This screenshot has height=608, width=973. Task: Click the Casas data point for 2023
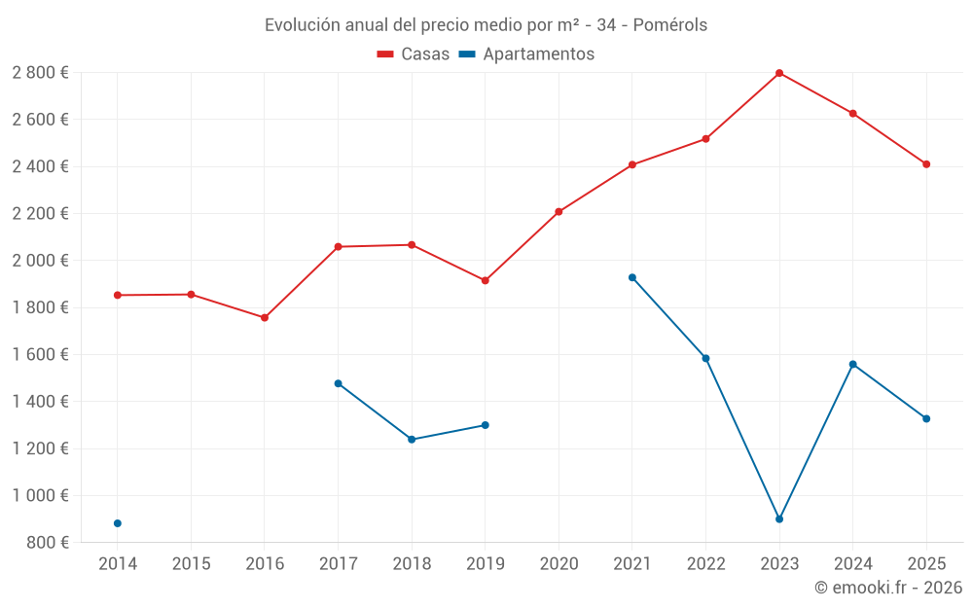click(779, 73)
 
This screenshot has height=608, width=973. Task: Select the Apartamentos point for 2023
click(779, 519)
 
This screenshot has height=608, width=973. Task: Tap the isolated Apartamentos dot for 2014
click(118, 523)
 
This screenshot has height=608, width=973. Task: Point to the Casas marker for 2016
click(265, 318)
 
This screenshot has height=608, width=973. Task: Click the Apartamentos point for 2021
click(632, 277)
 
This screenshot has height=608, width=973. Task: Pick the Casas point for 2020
click(559, 212)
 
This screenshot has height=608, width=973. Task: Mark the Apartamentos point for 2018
click(412, 440)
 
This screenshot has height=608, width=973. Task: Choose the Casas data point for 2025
click(926, 164)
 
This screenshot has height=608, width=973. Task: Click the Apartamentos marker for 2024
click(853, 364)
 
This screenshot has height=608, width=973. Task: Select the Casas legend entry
click(414, 54)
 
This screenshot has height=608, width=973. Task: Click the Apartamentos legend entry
click(526, 54)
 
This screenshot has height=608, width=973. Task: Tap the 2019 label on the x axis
click(485, 563)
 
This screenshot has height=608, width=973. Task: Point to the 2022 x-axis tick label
click(705, 563)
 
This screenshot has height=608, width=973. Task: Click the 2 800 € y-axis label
click(40, 73)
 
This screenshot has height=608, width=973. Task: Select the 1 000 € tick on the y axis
click(40, 495)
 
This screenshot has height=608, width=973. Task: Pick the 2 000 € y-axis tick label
click(40, 261)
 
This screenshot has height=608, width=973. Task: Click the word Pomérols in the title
click(670, 24)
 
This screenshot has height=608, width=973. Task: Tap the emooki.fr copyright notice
click(888, 588)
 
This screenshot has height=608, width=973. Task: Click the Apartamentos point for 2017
click(338, 383)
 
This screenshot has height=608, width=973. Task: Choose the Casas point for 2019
click(485, 281)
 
